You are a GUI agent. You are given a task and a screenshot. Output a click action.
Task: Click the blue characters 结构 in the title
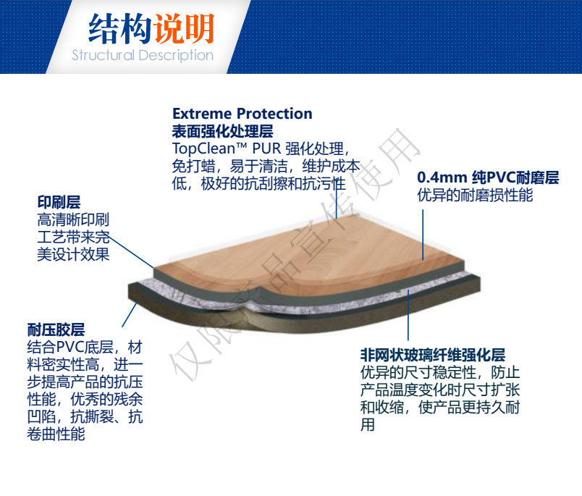tap(120, 28)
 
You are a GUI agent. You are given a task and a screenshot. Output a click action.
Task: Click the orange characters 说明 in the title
tap(184, 28)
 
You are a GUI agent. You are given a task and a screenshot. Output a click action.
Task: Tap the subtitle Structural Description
tap(143, 55)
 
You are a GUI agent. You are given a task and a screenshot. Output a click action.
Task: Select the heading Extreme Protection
tap(242, 114)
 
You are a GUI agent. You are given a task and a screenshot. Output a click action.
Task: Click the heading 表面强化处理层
tap(223, 131)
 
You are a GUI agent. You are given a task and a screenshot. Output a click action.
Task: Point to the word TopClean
tap(204, 149)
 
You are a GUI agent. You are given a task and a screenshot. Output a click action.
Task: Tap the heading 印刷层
tap(59, 203)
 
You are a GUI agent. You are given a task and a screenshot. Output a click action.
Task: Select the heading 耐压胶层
tap(56, 329)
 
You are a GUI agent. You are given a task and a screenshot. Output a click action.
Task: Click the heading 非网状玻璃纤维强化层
tap(433, 355)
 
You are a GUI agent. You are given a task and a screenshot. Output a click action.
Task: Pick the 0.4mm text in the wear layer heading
tap(442, 178)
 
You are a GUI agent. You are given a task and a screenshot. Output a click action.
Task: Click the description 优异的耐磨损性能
tap(475, 196)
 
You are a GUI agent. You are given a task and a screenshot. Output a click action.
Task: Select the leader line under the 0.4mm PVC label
tap(423, 235)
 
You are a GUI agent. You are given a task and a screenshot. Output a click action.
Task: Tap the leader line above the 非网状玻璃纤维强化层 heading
tap(408, 315)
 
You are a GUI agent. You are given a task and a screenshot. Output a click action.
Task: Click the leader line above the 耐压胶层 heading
tap(130, 314)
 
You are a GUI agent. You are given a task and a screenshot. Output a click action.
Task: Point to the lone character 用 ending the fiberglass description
tap(368, 425)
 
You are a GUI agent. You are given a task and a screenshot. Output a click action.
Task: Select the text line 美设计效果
tap(73, 255)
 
